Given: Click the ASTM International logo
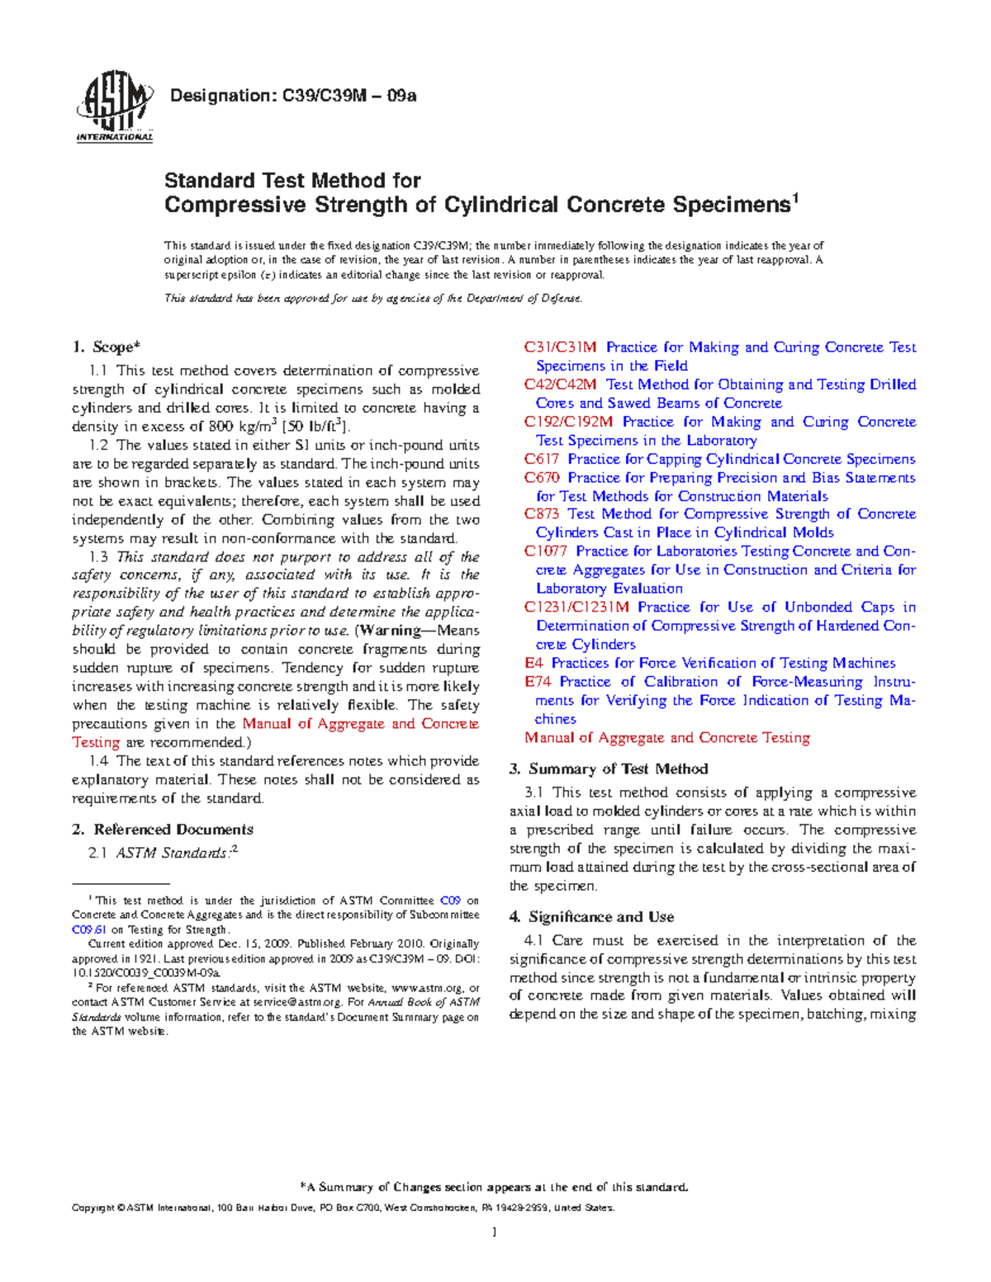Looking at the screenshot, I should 114,106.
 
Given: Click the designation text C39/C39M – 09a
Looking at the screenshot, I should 292,96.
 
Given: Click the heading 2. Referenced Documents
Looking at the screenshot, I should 163,830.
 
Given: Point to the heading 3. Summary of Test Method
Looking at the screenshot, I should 609,769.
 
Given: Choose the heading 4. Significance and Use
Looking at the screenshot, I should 591,916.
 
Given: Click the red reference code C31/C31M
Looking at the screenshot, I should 560,348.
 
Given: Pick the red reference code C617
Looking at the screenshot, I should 542,459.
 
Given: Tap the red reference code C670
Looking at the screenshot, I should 542,477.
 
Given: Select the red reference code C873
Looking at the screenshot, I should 542,513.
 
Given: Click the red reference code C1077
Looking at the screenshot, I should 546,551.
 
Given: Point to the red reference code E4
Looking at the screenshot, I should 533,663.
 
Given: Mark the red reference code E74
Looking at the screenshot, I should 538,682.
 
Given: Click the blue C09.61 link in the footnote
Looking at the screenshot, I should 89,930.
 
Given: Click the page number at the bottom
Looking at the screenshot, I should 494,1232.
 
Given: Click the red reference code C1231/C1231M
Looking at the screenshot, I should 576,607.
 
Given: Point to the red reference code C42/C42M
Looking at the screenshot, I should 560,385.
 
